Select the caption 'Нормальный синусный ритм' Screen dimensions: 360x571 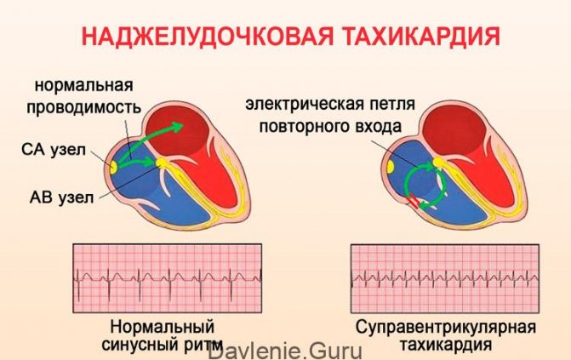pyautogui.click(x=163, y=334)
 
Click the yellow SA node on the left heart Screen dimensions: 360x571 pyautogui.click(x=114, y=162)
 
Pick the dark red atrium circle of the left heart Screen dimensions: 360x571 pyautogui.click(x=178, y=129)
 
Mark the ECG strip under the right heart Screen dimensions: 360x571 pyautogui.click(x=445, y=277)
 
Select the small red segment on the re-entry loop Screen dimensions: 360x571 pyautogui.click(x=411, y=203)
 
